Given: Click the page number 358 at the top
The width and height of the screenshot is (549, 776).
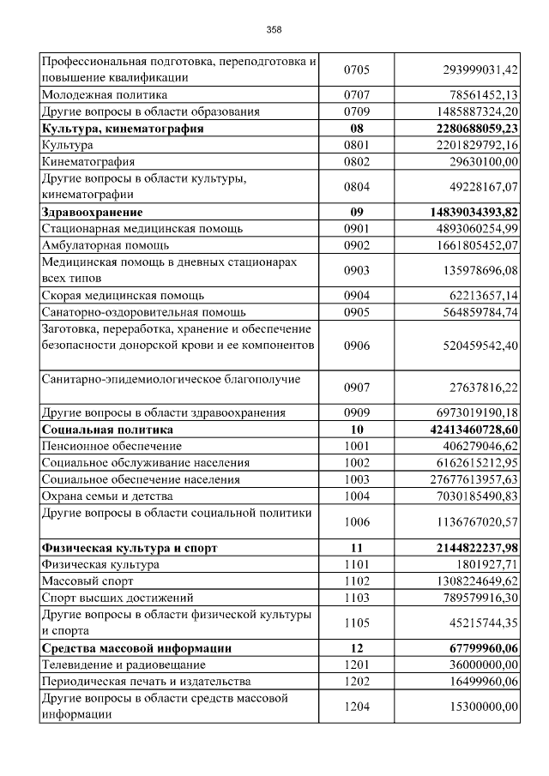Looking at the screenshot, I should [x=274, y=30].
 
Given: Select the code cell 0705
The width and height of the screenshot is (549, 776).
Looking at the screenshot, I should [x=357, y=69].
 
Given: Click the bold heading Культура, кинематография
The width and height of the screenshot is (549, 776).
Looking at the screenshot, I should [x=122, y=129].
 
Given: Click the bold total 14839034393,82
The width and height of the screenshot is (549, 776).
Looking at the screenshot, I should [x=462, y=212].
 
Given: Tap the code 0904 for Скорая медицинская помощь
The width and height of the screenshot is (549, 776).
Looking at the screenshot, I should [x=357, y=295].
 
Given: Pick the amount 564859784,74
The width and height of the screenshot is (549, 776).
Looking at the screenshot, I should [x=471, y=312].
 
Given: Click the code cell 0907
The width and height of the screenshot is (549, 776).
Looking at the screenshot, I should [x=357, y=388].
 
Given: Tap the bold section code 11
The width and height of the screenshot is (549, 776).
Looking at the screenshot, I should [x=357, y=547].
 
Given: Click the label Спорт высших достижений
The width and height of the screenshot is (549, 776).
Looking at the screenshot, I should [x=118, y=597].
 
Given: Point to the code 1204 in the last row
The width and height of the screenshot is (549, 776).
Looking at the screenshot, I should [x=357, y=706].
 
